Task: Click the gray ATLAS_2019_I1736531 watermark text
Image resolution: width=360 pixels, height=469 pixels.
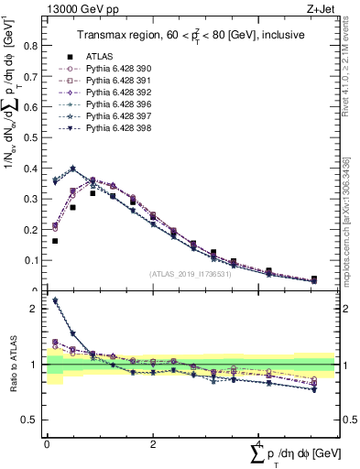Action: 190,275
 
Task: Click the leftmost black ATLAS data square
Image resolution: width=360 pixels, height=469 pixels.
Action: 55,241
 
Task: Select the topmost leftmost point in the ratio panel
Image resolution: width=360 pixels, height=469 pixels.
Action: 55,300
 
